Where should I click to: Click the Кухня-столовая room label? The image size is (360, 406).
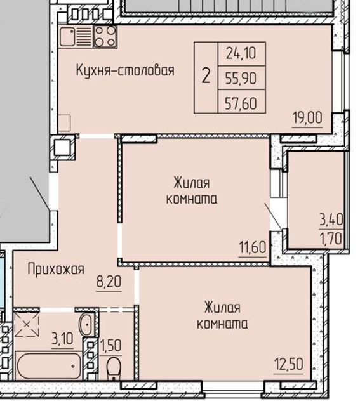point(124,70)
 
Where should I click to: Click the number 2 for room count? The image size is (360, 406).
point(206,77)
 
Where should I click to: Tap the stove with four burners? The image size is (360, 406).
point(105,37)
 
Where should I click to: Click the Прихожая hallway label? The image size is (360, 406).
point(56,270)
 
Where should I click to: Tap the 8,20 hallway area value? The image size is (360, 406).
point(109,281)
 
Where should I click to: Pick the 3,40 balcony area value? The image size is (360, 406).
point(331,221)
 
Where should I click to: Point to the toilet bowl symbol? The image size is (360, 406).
point(114,368)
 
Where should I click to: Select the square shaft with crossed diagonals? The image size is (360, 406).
point(27,324)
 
